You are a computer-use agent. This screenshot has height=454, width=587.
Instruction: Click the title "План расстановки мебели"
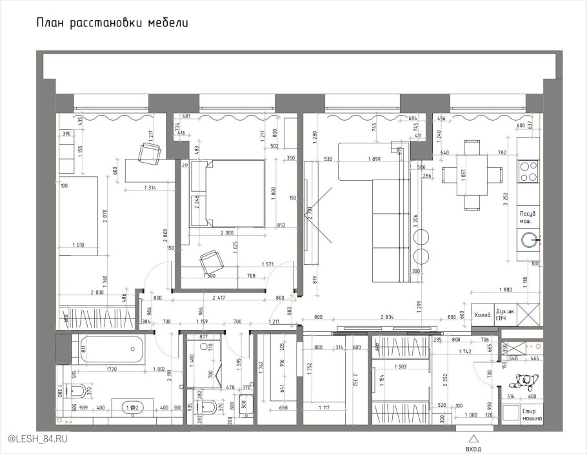coord(112,24)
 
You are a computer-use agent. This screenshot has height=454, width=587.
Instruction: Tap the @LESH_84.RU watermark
coord(37,439)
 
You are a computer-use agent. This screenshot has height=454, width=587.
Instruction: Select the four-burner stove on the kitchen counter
coord(530,171)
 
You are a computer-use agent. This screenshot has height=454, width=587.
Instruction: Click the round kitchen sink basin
coord(530,239)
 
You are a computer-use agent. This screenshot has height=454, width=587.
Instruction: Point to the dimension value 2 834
coord(387,317)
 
